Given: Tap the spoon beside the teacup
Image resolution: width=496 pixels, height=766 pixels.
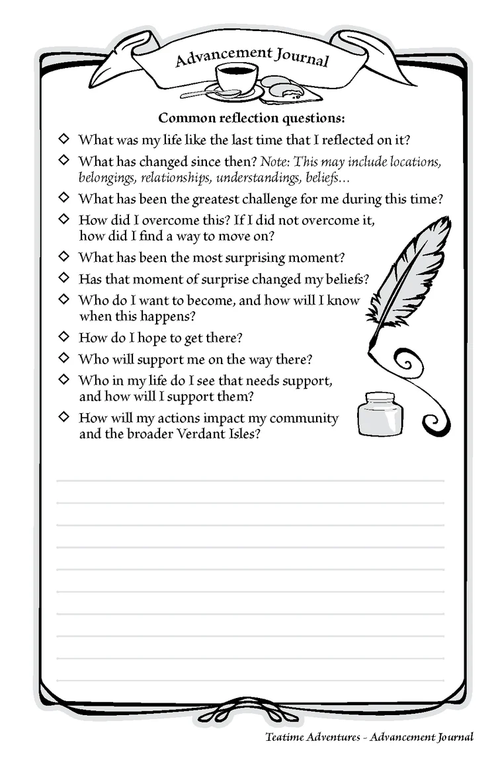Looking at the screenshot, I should tap(202, 94).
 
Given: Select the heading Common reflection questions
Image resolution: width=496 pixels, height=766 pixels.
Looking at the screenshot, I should tap(242, 119).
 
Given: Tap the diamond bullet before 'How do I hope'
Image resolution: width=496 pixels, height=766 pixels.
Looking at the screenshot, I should tap(64, 336).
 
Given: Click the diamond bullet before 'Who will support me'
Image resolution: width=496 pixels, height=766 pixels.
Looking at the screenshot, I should tap(64, 358).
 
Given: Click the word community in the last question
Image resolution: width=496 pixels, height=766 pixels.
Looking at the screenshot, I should tap(300, 418).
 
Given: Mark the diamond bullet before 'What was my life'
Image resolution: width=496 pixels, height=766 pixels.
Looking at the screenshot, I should tap(64, 139).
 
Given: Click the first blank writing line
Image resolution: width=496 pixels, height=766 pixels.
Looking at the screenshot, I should tap(250, 480).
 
